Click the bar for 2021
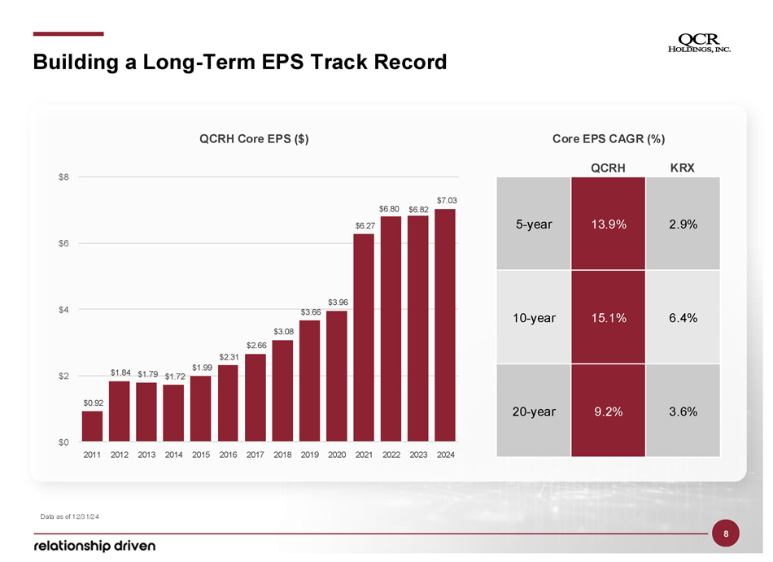364,338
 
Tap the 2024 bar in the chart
445,325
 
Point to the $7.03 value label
447,199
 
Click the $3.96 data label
338,302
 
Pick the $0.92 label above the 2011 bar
93,402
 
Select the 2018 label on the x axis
282,455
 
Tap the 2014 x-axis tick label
173,455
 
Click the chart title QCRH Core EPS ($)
254,139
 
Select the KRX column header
682,168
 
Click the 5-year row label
534,224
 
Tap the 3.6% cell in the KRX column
682,412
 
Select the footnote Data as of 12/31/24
70,516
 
